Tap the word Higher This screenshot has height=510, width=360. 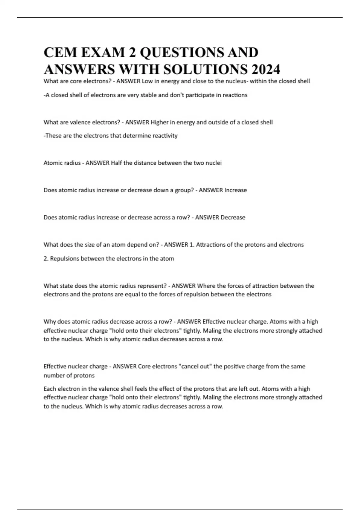[x=160, y=122]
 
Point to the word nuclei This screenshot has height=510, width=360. [x=213, y=163]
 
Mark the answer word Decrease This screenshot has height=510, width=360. [x=233, y=217]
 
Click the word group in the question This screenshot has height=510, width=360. [x=182, y=190]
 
